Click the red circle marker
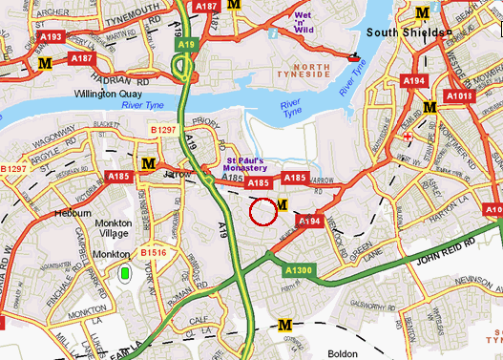click(x=262, y=212)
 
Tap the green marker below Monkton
click(x=125, y=274)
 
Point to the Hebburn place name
click(x=73, y=213)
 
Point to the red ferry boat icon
click(x=356, y=57)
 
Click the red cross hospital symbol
click(x=409, y=137)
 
